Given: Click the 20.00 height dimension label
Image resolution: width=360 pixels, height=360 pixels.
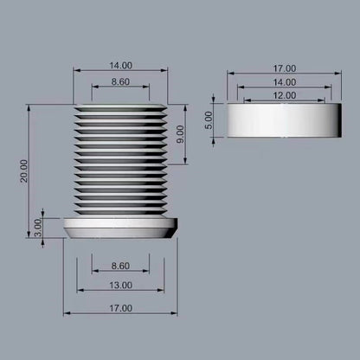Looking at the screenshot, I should click(x=23, y=170).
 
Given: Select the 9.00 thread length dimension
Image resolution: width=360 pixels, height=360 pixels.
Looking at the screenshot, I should click(x=179, y=134).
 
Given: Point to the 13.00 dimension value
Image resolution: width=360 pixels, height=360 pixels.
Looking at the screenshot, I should click(x=120, y=285).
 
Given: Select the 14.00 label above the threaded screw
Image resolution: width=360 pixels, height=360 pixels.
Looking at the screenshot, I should click(x=120, y=65).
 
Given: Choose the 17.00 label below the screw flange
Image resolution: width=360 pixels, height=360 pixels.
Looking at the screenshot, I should click(x=120, y=307).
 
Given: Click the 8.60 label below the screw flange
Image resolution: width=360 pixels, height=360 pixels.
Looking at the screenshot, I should click(x=120, y=266).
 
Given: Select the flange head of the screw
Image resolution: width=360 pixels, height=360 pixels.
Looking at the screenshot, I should click(x=120, y=228).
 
